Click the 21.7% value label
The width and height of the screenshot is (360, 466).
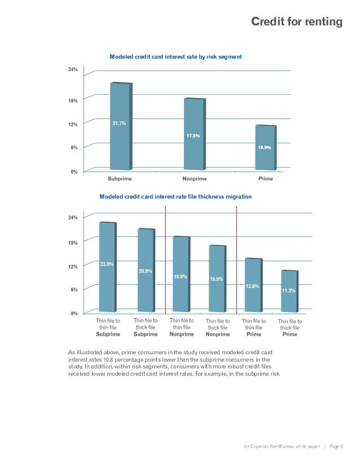tap(119, 123)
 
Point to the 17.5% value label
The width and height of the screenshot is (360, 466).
tap(193, 136)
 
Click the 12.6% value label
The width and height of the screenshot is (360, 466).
tap(252, 286)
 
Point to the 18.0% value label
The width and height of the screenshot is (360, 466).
tap(181, 276)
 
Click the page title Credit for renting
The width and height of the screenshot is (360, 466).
tap(297, 22)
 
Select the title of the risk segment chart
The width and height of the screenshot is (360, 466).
tap(175, 57)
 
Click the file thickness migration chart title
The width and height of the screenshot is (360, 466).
tap(175, 197)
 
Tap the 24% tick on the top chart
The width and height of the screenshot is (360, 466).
tap(73, 70)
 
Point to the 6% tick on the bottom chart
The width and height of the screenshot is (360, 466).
tap(74, 289)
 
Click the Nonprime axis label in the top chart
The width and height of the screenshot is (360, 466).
tap(195, 179)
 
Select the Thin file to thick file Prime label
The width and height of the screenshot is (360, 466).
tap(289, 328)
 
